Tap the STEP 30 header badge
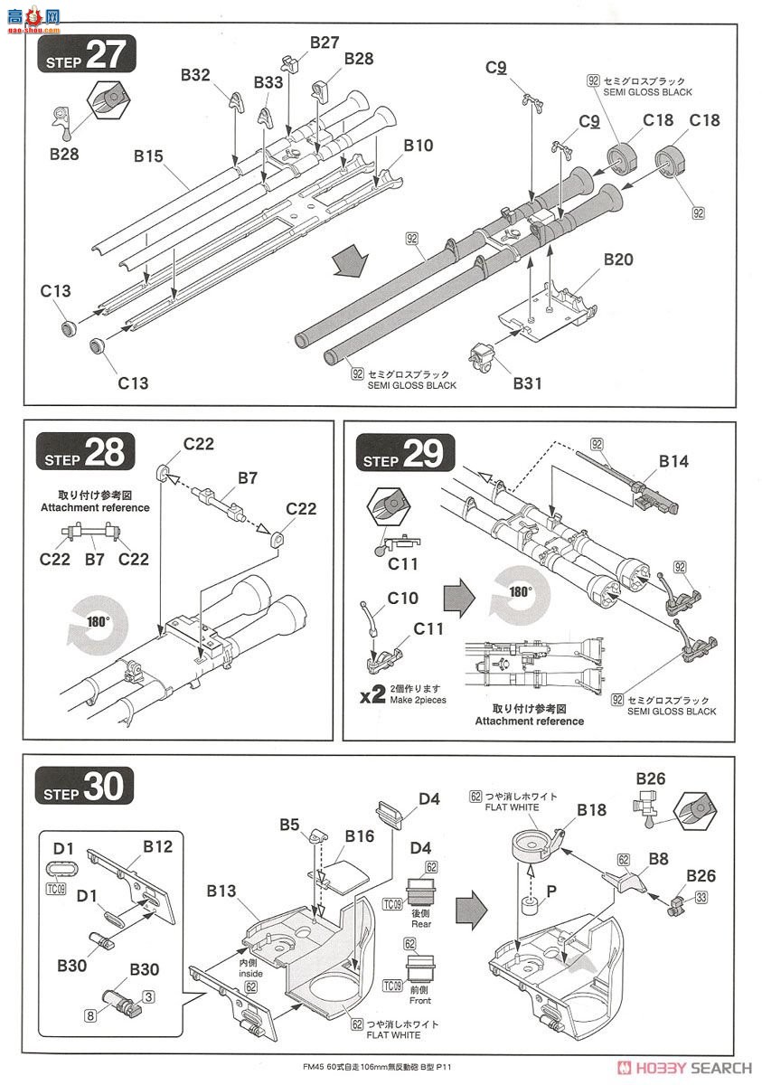point(85,787)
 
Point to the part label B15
point(148,156)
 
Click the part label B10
point(419,145)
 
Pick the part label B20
point(618,259)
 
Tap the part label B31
point(528,382)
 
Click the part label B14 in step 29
point(673,462)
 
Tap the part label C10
point(403,598)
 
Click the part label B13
point(221,892)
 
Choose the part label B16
point(359,835)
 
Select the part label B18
point(593,810)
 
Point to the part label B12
point(157,847)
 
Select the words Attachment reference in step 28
point(95,507)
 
